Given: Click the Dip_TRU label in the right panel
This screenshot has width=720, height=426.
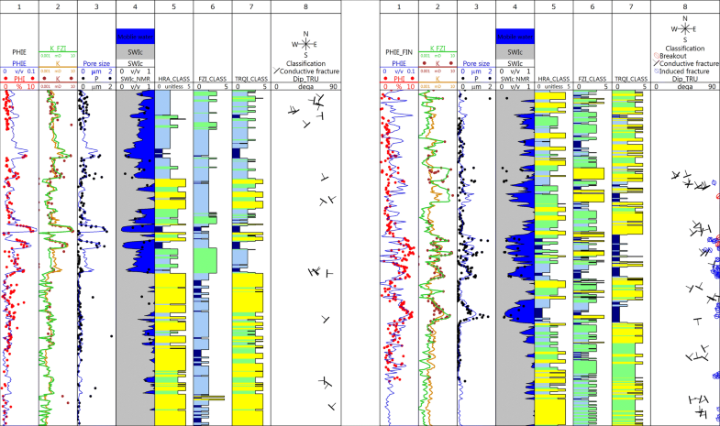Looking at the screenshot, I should click(686, 79).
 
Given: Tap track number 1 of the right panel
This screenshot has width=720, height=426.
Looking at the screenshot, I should click(398, 6).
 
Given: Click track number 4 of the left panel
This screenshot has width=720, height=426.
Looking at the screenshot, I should click(135, 6).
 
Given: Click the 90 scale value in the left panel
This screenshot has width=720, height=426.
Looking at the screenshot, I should click(333, 86).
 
